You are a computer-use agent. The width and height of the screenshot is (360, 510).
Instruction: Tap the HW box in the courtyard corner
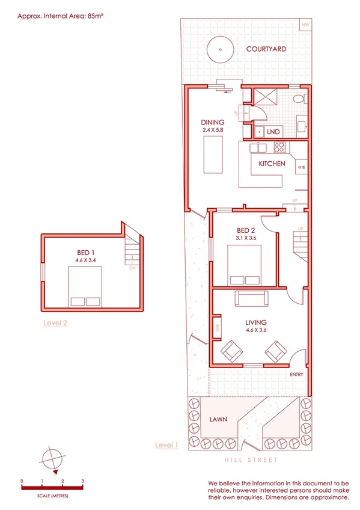305,25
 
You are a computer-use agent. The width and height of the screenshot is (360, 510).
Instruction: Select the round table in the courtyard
220,49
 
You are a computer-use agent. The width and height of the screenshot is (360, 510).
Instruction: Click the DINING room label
213,122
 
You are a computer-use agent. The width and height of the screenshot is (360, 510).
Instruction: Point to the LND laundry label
273,131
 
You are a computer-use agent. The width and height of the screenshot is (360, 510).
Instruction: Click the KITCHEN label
272,164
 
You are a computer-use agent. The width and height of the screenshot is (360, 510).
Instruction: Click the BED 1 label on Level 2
85,252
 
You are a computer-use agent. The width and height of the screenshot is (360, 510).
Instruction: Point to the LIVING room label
256,322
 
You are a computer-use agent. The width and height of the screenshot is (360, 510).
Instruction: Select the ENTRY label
296,375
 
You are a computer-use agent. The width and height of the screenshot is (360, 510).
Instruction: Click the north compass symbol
52,460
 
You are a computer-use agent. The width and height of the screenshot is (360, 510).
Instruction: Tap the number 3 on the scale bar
82,481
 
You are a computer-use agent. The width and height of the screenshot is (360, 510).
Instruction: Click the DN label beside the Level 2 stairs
132,268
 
